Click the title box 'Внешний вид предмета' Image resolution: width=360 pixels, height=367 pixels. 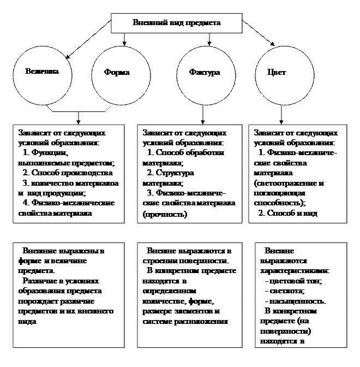click(177, 23)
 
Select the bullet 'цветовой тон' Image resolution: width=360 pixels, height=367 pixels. click(295, 281)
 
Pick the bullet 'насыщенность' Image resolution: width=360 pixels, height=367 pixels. click(298, 301)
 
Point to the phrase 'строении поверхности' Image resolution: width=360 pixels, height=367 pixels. click(185, 261)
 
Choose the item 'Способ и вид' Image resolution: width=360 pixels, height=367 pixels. click(291, 214)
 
